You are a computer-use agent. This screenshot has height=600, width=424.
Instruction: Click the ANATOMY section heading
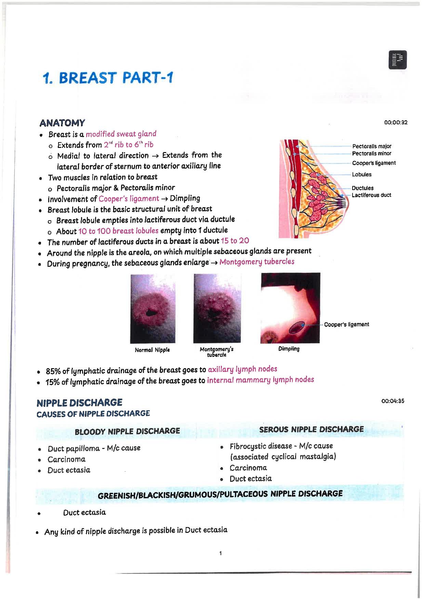[62, 123]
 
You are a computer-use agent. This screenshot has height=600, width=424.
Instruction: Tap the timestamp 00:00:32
[396, 123]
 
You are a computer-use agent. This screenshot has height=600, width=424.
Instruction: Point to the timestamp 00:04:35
[393, 401]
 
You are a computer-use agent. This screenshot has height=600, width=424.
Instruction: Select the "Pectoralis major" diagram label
[372, 146]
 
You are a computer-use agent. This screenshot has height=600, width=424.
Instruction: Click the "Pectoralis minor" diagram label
[372, 154]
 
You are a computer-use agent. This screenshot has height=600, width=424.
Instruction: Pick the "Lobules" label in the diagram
[362, 175]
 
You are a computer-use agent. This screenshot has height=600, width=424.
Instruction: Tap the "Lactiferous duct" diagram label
[371, 195]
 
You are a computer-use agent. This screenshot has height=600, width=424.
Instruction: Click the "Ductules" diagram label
[363, 188]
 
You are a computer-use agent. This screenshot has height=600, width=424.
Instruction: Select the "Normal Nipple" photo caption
[152, 350]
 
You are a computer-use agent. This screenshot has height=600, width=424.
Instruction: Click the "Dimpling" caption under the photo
[289, 349]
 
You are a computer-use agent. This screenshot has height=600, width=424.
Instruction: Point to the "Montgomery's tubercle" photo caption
[216, 352]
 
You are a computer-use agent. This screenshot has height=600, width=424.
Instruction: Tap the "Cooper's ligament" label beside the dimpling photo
[346, 324]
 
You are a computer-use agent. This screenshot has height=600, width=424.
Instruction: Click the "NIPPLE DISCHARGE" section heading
[79, 402]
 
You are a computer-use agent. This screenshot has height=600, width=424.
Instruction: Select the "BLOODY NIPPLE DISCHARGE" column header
[127, 431]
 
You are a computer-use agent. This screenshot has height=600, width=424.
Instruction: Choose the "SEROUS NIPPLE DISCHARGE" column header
[312, 429]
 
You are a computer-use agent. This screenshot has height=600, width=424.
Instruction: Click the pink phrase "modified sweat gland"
[121, 134]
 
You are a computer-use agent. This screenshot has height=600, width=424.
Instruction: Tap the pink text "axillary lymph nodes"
[242, 369]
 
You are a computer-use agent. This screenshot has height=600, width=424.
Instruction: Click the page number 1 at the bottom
[221, 553]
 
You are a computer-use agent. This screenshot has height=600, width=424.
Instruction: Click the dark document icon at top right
[398, 60]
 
